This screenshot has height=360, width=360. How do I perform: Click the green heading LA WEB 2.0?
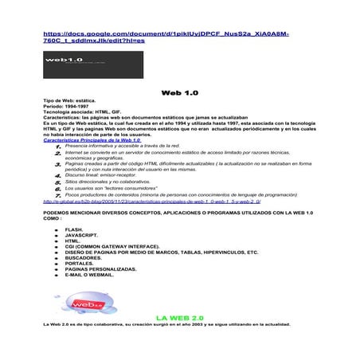click(181, 316)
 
